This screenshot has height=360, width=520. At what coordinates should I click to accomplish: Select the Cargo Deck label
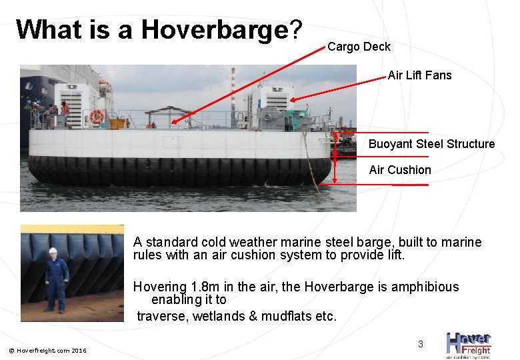(x=359, y=47)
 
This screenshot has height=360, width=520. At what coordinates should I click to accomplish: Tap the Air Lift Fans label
(x=419, y=75)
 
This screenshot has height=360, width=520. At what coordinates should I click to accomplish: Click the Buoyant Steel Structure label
(x=431, y=144)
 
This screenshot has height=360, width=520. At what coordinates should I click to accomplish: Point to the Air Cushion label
(x=400, y=170)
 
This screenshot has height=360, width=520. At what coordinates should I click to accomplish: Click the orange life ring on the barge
(x=97, y=117)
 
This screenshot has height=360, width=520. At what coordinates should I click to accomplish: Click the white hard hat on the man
(x=53, y=251)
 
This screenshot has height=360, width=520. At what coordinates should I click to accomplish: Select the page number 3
(x=420, y=344)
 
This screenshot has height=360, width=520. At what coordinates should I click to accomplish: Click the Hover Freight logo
(x=468, y=345)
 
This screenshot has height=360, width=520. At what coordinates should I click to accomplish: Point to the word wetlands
(x=217, y=316)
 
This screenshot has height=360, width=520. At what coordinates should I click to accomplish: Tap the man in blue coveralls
(x=55, y=280)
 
